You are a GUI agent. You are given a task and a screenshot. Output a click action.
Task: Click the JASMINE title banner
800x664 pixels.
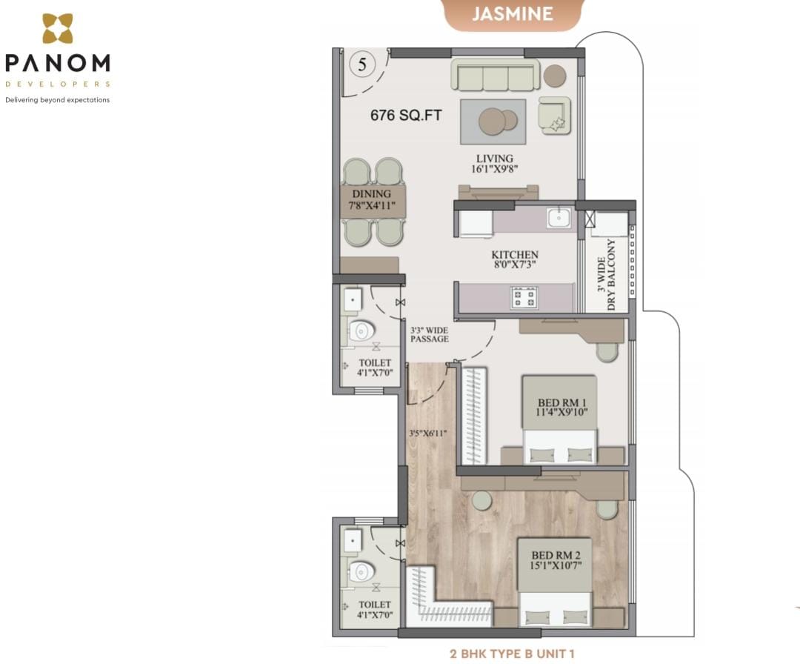point(513,14)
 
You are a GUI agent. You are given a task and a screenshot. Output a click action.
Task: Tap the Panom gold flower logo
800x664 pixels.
point(57,28)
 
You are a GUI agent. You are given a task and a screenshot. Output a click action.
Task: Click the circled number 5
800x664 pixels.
point(362,64)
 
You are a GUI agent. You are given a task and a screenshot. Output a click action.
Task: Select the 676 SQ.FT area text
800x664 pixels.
point(406,116)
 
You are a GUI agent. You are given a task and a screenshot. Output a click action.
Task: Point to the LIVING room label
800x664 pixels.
point(494,163)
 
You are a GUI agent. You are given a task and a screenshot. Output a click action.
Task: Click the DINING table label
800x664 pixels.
point(371,199)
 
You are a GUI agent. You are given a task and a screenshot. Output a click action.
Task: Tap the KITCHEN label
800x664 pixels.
point(515,259)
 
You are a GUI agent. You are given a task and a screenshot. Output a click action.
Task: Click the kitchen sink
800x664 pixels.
point(559,217)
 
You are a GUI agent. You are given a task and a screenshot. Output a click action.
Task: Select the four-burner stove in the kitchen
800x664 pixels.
point(524,298)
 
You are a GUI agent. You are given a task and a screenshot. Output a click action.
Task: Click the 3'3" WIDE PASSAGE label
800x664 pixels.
point(430,334)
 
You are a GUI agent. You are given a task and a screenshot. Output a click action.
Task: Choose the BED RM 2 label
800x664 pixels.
point(556,560)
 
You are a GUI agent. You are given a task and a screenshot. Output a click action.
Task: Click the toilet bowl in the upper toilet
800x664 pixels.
point(361,331)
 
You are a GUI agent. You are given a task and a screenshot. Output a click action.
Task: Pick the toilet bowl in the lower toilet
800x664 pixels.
point(361,571)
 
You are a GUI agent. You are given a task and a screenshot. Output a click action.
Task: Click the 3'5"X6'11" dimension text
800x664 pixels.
point(427,434)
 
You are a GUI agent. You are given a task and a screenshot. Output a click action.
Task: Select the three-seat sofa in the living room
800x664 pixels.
point(495,75)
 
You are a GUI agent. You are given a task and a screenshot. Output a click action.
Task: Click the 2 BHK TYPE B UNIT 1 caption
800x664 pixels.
point(513,654)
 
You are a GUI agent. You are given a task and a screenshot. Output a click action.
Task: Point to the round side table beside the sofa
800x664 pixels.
point(555,76)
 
